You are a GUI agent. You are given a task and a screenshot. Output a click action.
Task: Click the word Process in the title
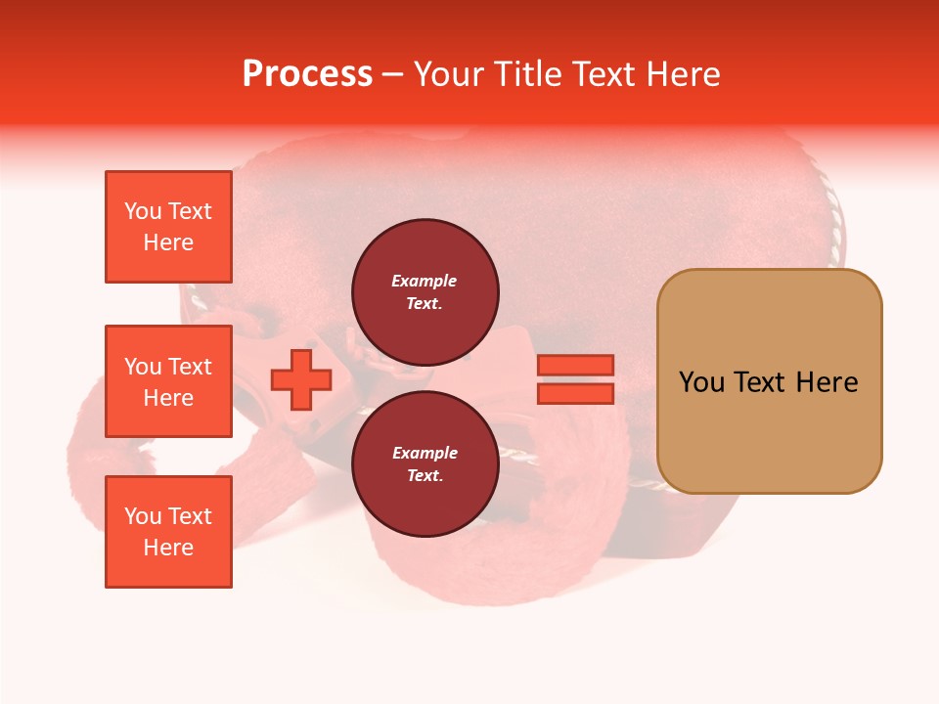coord(307,74)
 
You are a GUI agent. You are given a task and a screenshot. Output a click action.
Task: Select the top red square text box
coord(168,227)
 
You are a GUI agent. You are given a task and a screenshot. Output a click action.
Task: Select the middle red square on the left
coord(168,381)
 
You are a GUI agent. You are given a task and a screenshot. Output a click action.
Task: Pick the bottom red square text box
coord(168,532)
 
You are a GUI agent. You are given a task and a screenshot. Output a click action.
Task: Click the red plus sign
coord(301,379)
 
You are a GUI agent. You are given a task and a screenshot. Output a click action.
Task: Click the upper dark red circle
coord(425,292)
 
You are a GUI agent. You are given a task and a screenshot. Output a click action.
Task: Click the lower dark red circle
coord(425,464)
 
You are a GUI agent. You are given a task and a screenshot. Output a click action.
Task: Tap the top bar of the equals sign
coord(575,365)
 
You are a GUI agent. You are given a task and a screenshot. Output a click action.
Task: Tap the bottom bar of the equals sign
coord(575,393)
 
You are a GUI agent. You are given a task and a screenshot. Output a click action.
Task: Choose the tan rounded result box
coord(769,381)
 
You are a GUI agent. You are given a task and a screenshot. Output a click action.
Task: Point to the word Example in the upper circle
coord(425,281)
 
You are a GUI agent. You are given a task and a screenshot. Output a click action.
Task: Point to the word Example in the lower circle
coord(425,453)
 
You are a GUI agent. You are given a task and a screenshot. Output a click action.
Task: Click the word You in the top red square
coord(142,211)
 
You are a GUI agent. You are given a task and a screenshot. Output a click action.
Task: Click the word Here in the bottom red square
coord(168,548)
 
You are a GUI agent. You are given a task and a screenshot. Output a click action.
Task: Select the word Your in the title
coord(447,74)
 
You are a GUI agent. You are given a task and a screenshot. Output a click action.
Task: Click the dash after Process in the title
coord(392,74)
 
